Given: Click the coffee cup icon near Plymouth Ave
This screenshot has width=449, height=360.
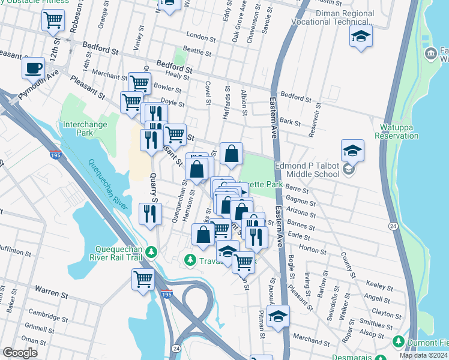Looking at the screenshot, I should (x=33, y=67).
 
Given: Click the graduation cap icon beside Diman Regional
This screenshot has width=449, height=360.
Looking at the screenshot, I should (x=361, y=36).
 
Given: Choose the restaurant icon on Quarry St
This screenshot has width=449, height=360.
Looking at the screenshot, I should (x=150, y=214).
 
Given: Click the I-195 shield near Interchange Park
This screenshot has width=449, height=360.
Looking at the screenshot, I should (x=56, y=155).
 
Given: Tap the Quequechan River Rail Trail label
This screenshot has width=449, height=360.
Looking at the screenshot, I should (x=126, y=254).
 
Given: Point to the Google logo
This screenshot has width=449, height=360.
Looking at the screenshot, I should (x=20, y=353).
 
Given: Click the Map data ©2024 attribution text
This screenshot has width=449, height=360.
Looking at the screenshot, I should (x=423, y=355).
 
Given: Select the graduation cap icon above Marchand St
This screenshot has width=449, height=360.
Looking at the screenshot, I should (x=278, y=316).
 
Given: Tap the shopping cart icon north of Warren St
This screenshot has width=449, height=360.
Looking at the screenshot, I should (x=143, y=279).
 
